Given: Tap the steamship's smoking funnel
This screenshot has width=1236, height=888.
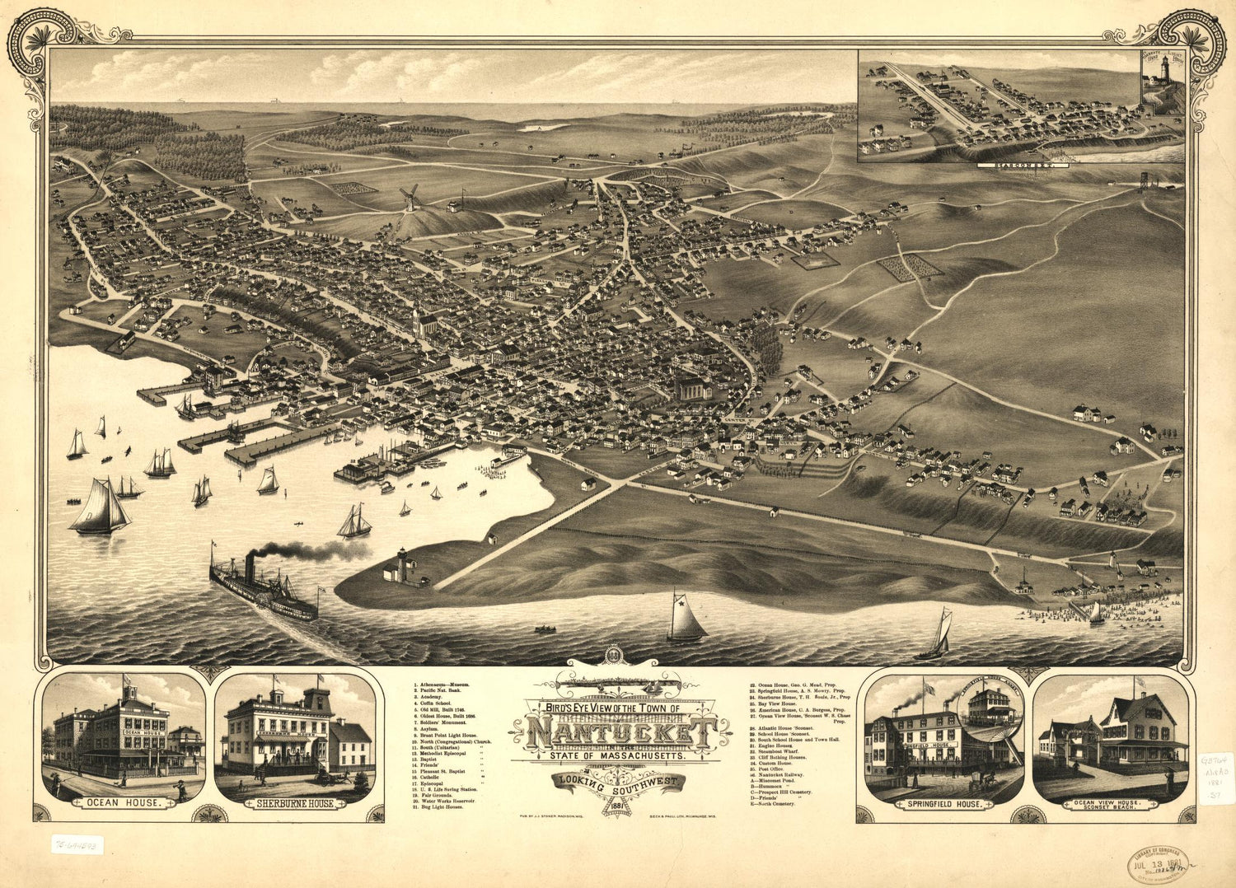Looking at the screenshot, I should click(x=250, y=566).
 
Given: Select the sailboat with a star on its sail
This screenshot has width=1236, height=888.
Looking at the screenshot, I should click(x=686, y=619).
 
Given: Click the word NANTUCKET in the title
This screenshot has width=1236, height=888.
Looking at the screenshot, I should click(x=619, y=732).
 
